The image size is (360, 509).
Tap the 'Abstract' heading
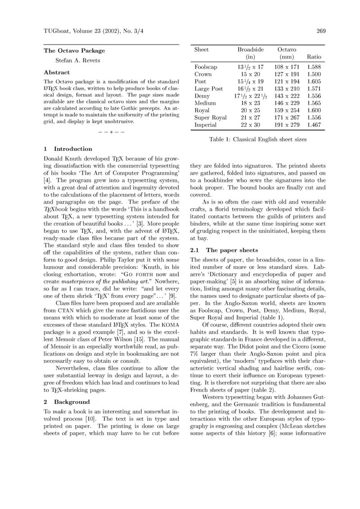tap(57, 72)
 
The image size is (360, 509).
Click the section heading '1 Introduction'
tap(68, 149)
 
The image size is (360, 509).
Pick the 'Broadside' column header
tap(251, 49)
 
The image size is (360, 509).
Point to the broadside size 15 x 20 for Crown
tap(250, 74)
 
